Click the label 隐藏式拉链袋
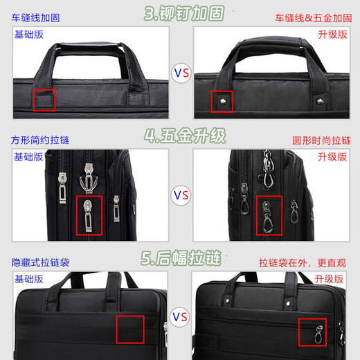point(40,262)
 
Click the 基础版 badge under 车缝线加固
point(28,34)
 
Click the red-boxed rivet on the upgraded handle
point(222,100)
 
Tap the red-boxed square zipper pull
point(88,215)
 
